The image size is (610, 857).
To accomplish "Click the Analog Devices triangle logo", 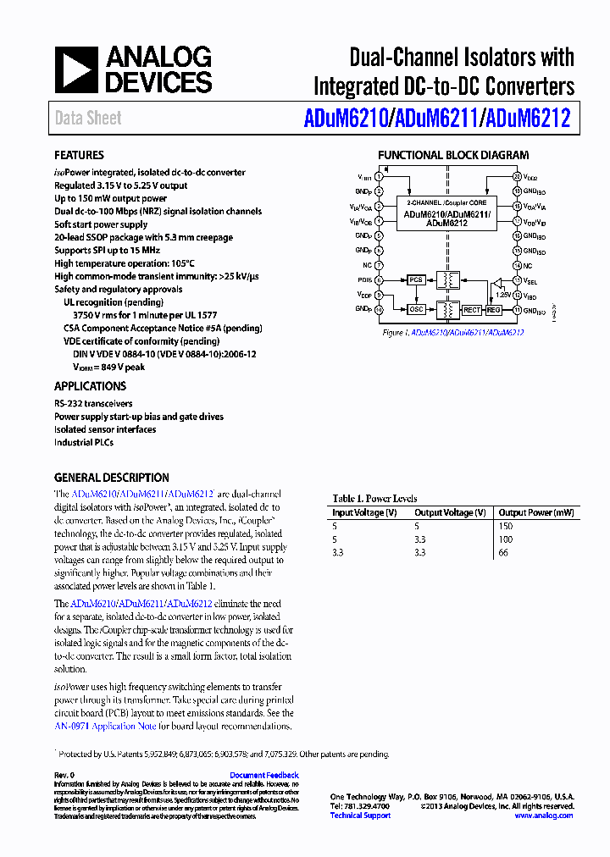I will point(76,69).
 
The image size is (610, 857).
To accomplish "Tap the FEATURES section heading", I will point(79,156).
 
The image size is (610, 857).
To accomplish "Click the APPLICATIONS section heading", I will point(90,386).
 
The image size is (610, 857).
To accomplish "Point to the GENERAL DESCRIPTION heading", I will point(111,478).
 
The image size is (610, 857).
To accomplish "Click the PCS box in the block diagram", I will point(415,279).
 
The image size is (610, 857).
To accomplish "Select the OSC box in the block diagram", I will point(415,310).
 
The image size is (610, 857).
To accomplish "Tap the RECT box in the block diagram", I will point(471,311).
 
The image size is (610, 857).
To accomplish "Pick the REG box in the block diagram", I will point(494,311).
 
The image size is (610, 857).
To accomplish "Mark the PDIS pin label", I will point(364,279).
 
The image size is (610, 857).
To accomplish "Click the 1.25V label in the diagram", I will point(504,295).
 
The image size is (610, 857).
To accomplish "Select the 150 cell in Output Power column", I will point(506,526).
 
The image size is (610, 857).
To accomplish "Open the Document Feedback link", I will point(263,775).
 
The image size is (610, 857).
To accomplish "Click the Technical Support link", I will point(360,816).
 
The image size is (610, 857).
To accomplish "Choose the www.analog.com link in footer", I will point(543,816).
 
